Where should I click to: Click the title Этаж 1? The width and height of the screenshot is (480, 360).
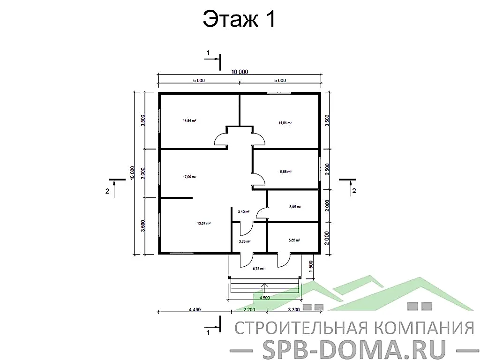tap(239, 20)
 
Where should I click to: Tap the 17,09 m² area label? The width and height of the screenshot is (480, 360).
tap(189, 177)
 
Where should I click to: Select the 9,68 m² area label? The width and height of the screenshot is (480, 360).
tap(285, 172)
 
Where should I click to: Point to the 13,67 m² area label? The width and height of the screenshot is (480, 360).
tap(204, 223)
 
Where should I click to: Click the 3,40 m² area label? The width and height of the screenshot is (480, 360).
tap(244, 212)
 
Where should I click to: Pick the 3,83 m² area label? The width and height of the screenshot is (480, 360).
tap(245, 241)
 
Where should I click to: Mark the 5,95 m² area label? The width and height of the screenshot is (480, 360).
tap(295, 207)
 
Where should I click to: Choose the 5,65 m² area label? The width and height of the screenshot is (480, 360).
tap(294, 240)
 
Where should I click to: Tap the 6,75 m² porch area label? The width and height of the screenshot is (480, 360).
tap(258, 269)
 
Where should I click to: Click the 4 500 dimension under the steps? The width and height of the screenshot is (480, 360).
tap(264, 297)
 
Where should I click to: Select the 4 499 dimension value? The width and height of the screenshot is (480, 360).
tap(195, 310)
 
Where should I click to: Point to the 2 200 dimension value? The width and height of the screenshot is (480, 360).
tap(249, 310)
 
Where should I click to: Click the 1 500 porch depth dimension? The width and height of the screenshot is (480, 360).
tap(311, 268)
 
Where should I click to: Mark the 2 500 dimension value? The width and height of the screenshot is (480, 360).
tap(327, 169)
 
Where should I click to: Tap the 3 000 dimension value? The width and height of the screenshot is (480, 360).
tap(143, 173)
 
